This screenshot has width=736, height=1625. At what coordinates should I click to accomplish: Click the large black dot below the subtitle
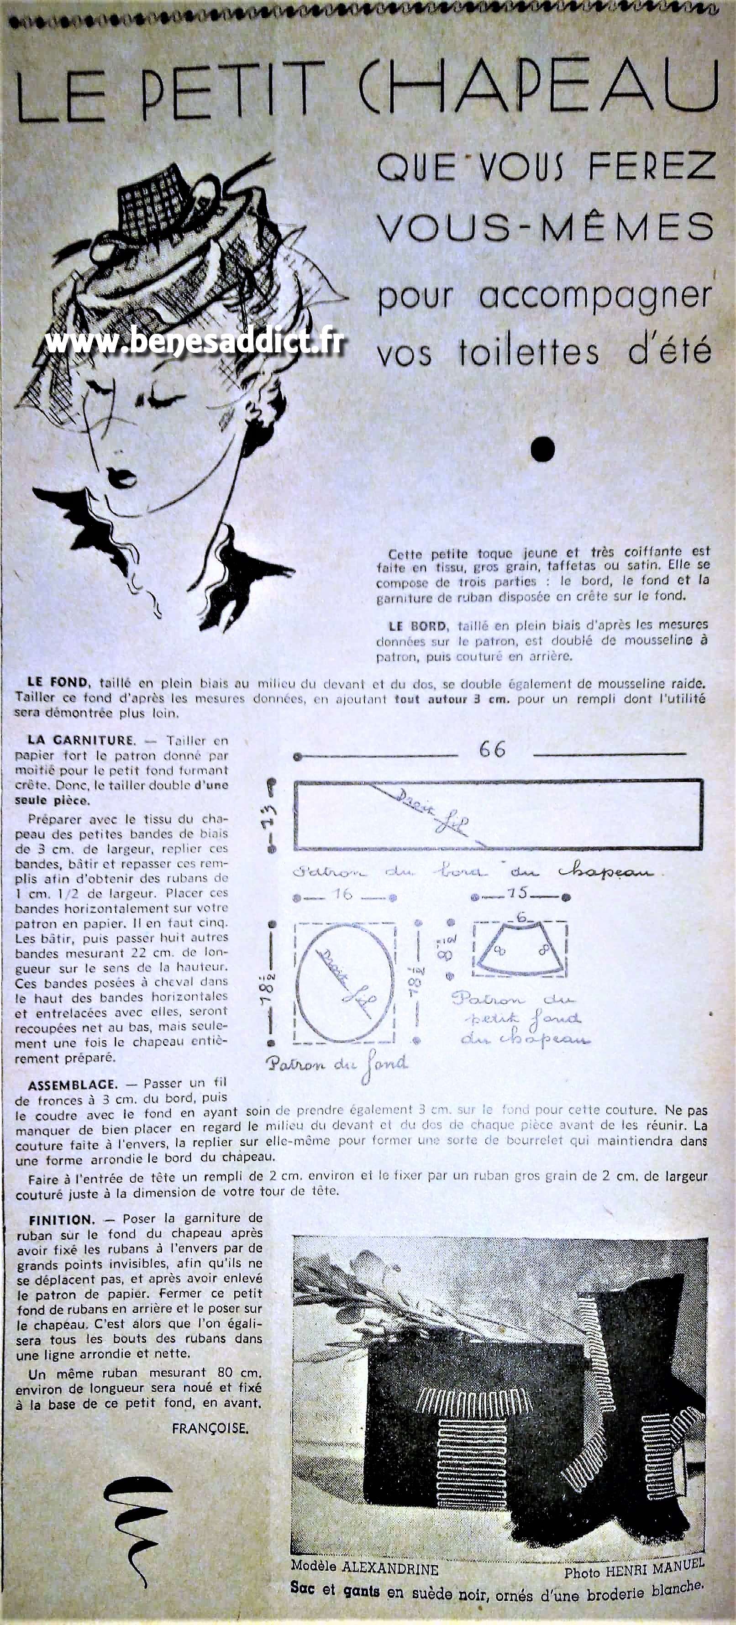pyautogui.click(x=543, y=449)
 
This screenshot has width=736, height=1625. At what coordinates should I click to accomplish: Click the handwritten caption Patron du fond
pyautogui.click(x=337, y=1064)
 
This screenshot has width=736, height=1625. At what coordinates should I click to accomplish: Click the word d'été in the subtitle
pyautogui.click(x=668, y=351)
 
